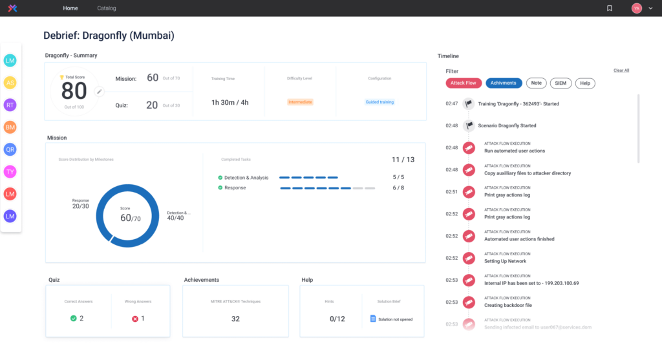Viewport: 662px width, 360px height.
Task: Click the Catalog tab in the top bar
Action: pos(107,8)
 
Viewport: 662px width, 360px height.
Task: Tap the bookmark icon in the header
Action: pos(609,8)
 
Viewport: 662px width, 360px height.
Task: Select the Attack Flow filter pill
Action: pos(463,83)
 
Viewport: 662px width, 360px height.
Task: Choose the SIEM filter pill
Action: pos(561,83)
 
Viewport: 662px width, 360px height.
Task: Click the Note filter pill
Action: pos(536,83)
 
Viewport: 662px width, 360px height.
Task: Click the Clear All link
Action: pos(621,70)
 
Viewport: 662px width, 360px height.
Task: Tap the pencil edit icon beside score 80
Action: pos(100,92)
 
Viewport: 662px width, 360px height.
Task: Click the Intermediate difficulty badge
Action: pos(300,102)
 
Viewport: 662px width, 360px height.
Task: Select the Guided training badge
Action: pos(379,102)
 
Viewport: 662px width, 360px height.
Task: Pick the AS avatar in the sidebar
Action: pos(10,83)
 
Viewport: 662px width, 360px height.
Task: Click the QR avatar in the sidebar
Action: pos(10,149)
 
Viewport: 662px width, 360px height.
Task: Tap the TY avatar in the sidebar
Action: pos(10,172)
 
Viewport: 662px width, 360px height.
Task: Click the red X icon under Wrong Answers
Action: pos(135,319)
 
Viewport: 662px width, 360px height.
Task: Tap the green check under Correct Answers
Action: pos(74,318)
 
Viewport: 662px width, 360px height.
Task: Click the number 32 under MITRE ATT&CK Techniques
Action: pos(235,319)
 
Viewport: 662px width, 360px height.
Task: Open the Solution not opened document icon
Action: pos(372,319)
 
